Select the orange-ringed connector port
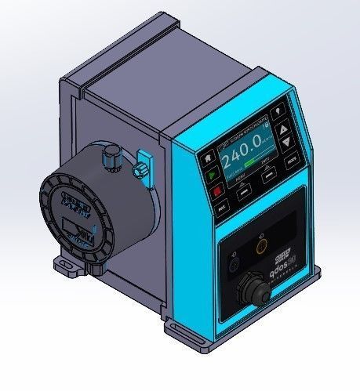pos(262,248)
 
